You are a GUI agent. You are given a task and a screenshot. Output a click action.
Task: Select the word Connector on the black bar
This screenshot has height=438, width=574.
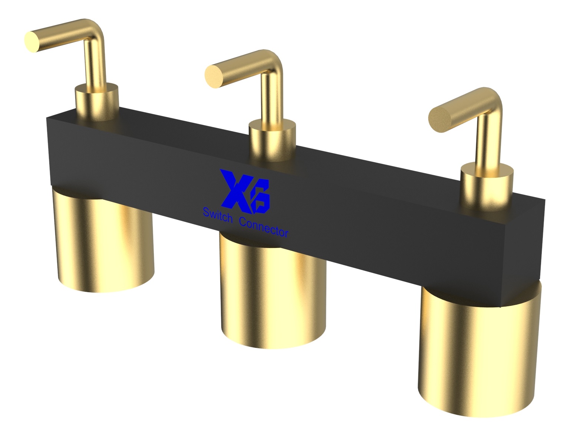(264, 228)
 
